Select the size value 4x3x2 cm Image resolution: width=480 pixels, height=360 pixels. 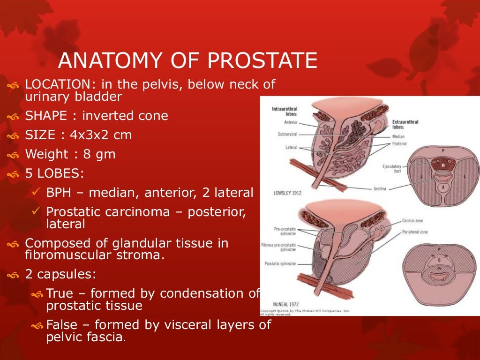(101, 135)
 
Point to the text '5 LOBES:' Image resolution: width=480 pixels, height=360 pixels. (54, 173)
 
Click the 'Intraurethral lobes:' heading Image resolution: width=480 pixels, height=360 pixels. (285, 111)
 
